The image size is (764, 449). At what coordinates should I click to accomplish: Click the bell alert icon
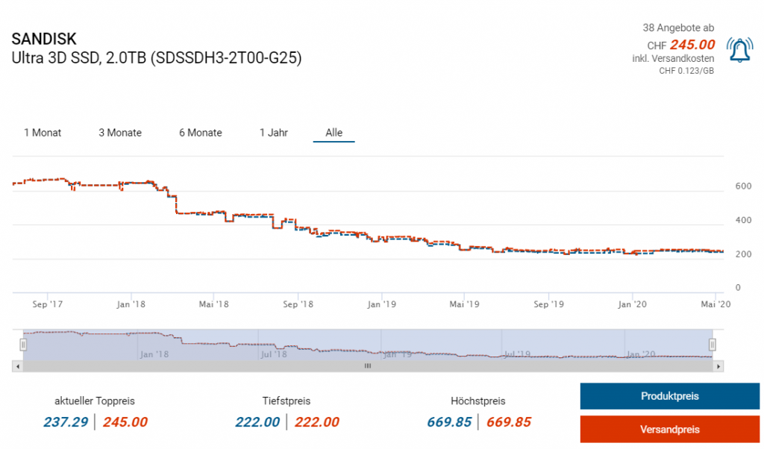pos(739,50)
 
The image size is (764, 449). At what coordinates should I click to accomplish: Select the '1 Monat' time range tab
pos(43,133)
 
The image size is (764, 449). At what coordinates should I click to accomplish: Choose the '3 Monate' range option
pos(120,133)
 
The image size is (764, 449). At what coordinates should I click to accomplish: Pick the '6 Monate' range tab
pos(201,133)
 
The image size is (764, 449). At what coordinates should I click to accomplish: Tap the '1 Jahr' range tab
pos(274,133)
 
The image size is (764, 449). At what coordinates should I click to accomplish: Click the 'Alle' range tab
pos(334,133)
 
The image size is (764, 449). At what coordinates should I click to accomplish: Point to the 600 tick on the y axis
pos(740,186)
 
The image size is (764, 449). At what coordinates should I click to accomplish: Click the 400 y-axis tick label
pos(740,221)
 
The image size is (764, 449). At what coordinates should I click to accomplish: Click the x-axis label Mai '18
pos(214,304)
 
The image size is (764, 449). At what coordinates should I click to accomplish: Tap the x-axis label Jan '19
pos(383,304)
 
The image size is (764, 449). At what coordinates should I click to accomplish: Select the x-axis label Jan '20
pos(633,304)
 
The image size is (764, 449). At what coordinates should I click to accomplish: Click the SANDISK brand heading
pos(44,40)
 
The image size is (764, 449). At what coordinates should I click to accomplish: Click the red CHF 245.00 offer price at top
pos(692,45)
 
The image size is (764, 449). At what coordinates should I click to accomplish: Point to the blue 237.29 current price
pos(66,422)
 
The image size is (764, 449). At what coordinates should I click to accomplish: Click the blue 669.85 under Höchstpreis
pos(449,422)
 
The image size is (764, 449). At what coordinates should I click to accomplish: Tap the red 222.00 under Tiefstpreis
pos(317,422)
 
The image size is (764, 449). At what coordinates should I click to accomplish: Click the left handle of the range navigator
pos(23,345)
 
